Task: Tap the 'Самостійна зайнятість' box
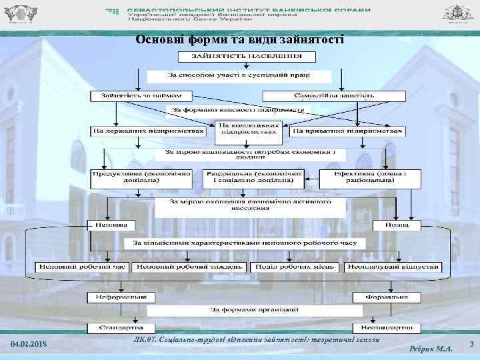tap(333, 96)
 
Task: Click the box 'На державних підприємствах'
tap(149, 131)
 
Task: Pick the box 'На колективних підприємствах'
tap(248, 128)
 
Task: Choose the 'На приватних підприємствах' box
tap(347, 131)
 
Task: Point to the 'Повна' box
tap(397, 225)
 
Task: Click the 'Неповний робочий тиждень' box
tap(188, 267)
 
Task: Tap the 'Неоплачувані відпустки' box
tap(392, 267)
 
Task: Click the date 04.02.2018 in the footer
tap(30, 344)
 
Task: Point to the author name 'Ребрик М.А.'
tap(431, 348)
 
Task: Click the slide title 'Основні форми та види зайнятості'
tap(239, 39)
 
